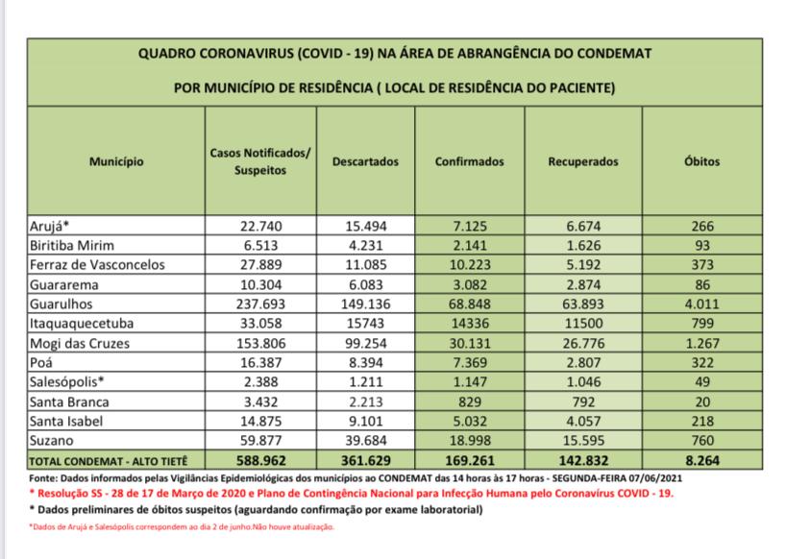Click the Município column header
coord(116,161)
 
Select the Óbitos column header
coord(702,161)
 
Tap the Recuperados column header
coord(583,161)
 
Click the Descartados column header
coord(364,161)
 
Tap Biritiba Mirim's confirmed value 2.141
coord(470,246)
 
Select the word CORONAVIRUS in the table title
coord(238,54)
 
